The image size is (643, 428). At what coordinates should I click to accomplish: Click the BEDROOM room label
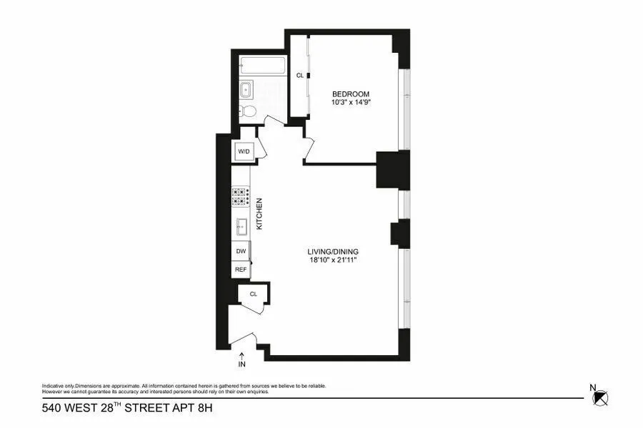click(x=350, y=94)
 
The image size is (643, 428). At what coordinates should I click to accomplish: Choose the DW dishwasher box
click(x=241, y=252)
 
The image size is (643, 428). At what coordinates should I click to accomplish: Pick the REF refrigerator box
click(x=241, y=270)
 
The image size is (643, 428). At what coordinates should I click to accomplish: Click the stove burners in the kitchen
click(x=239, y=197)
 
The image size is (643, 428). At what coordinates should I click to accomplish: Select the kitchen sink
click(x=241, y=228)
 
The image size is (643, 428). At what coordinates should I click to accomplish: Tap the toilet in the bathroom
click(x=247, y=111)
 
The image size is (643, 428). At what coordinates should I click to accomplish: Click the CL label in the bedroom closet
click(x=300, y=75)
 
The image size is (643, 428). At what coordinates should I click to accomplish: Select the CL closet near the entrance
click(x=253, y=294)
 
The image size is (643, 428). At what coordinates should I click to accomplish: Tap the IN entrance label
click(x=241, y=365)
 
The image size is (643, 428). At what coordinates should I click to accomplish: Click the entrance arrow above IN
click(x=241, y=354)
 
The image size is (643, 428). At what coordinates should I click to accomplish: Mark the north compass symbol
click(x=602, y=398)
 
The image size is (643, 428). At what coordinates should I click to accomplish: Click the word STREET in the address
click(x=143, y=409)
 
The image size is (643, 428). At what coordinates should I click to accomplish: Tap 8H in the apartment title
click(x=204, y=409)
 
